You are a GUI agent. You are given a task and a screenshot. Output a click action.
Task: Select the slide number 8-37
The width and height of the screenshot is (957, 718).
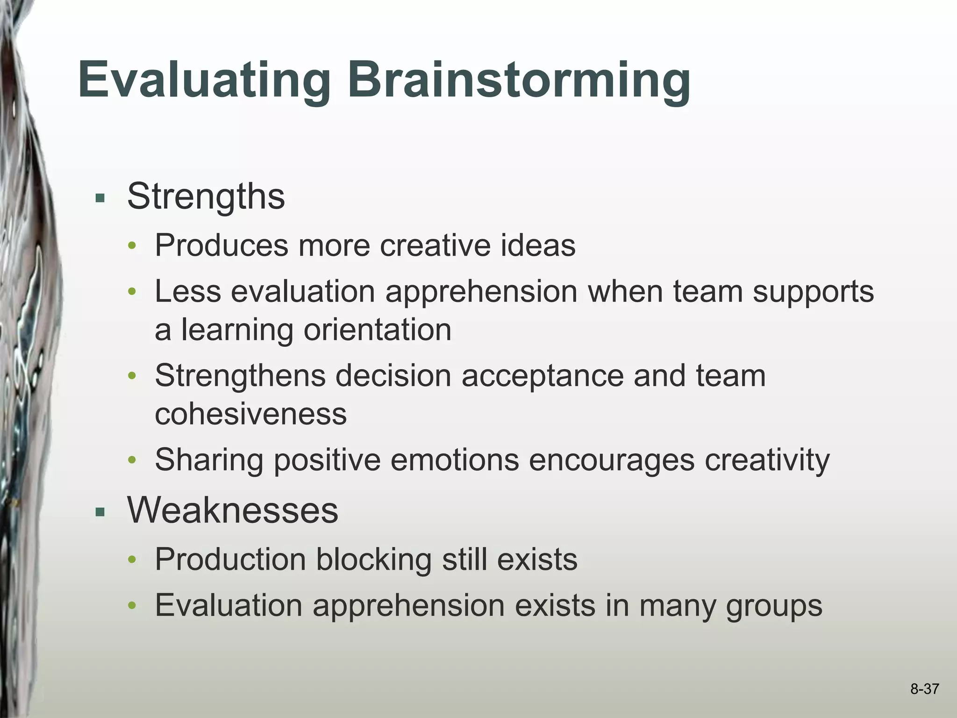924,689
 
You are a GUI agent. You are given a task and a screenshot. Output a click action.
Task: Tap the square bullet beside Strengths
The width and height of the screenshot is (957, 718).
100,198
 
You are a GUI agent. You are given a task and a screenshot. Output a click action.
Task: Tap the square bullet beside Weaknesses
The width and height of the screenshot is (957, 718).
100,512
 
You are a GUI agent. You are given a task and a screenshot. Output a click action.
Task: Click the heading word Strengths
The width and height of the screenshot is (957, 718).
206,196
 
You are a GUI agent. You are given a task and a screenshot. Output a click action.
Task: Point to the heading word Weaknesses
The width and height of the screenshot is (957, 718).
232,510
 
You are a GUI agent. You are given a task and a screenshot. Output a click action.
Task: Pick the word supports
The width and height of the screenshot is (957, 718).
813,292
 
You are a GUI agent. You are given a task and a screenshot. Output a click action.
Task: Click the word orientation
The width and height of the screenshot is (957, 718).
378,330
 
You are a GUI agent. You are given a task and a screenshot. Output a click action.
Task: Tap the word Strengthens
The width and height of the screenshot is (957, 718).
240,375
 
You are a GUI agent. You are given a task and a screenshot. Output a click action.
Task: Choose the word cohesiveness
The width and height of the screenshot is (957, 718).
250,414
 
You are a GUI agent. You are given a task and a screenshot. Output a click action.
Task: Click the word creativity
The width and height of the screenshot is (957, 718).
767,460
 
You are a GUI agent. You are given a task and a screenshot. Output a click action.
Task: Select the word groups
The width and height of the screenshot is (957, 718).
774,606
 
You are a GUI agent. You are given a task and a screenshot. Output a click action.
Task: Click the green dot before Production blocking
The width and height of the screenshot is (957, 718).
132,560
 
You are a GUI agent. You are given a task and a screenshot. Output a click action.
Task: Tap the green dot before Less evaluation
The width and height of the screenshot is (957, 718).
132,292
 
